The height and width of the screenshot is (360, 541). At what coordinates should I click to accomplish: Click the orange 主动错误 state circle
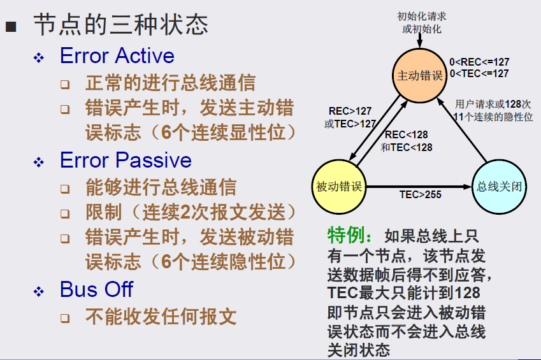419,76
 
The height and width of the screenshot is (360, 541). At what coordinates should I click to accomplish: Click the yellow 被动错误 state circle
339,187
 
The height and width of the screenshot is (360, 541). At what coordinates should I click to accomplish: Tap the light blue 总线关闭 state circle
499,187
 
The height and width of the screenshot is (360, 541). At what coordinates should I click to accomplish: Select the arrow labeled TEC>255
419,187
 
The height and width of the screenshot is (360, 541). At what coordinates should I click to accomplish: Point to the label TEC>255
420,195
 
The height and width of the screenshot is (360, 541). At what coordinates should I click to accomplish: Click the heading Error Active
117,55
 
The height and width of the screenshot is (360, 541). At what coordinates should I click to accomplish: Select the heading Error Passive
126,160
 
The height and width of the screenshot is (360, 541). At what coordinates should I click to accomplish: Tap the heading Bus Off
96,289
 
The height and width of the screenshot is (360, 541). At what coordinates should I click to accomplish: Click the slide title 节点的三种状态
121,24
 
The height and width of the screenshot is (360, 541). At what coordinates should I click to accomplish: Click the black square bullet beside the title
11,27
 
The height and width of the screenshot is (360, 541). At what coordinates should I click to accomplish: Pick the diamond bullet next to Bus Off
39,292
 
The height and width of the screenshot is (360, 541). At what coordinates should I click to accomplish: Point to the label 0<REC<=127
479,62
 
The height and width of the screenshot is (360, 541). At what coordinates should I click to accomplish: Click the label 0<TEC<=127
479,73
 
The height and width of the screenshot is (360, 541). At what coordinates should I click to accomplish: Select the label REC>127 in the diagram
350,111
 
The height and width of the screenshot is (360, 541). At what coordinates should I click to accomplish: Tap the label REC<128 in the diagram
406,134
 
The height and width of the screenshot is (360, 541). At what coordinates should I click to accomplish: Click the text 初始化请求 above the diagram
422,16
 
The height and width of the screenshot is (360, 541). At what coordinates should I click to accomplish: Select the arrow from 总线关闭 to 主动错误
462,130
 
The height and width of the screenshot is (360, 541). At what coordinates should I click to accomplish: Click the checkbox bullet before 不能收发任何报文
65,318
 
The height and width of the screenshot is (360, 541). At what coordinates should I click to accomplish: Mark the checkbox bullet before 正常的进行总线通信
65,85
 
